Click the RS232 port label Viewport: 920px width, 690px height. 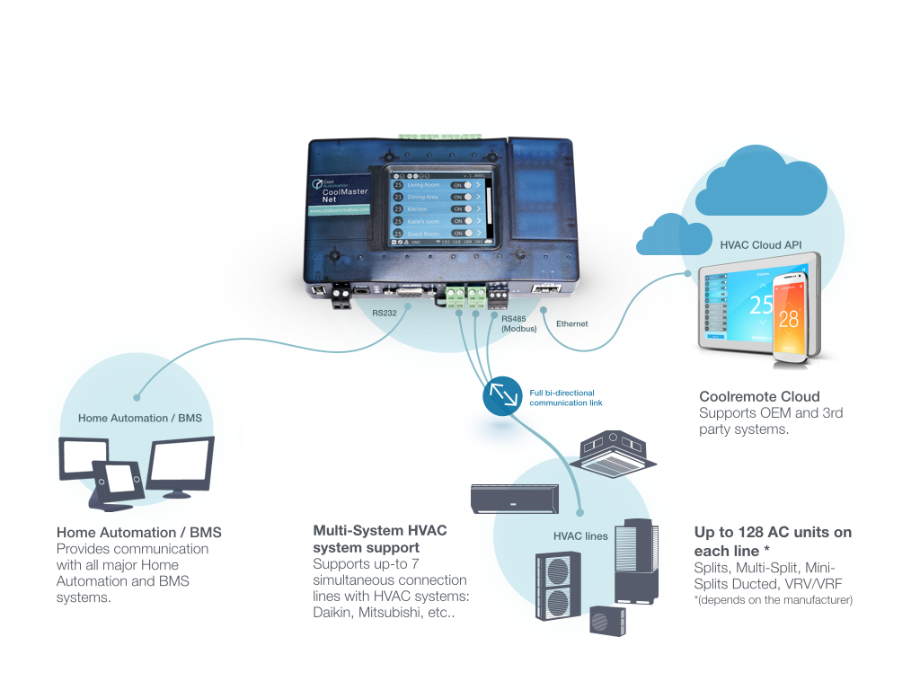point(385,314)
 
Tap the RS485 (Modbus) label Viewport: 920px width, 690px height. point(519,323)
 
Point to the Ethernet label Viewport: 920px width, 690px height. point(571,323)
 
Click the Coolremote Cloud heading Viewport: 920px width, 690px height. point(759,396)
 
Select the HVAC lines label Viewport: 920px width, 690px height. point(580,536)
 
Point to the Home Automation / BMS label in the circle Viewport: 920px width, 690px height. point(140,418)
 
